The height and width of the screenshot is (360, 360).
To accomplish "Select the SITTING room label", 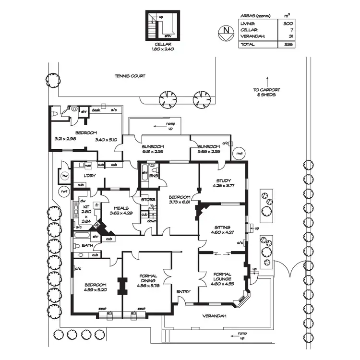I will pyautogui.click(x=223, y=227).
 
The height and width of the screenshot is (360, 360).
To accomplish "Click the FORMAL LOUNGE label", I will pyautogui.click(x=222, y=276).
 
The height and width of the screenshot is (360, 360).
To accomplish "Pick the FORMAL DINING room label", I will pyautogui.click(x=147, y=279).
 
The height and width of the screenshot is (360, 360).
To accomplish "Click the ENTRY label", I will pyautogui.click(x=183, y=291).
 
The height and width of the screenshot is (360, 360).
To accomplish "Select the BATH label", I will pyautogui.click(x=87, y=246).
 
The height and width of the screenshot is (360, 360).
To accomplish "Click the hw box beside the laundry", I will pyautogui.click(x=64, y=175).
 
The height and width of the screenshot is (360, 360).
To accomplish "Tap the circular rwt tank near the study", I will pyautogui.click(x=239, y=153).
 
